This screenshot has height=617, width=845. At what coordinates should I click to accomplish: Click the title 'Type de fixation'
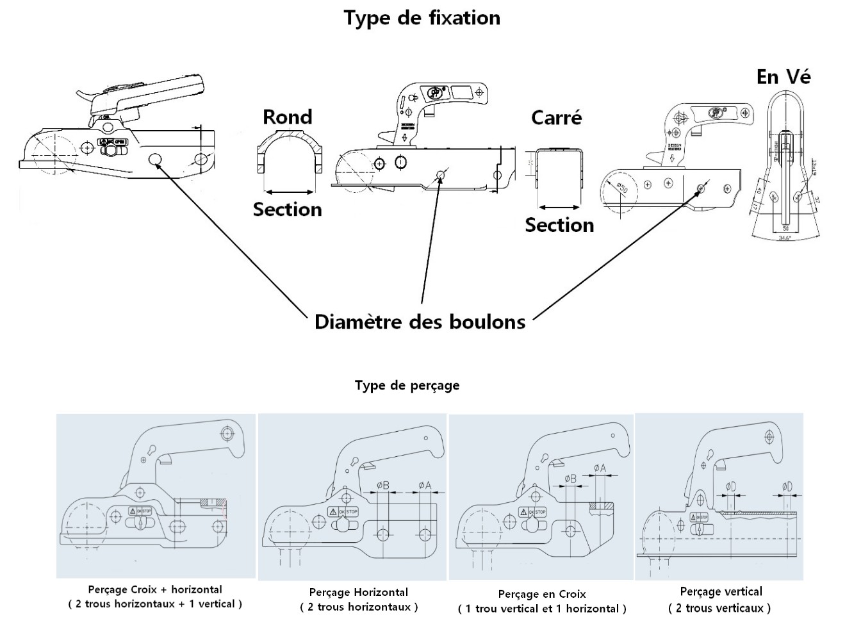(422, 18)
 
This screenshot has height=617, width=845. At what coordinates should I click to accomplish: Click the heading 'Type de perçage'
(407, 386)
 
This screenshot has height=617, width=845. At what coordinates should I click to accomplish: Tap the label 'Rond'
(288, 117)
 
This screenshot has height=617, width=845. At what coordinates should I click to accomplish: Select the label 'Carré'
(556, 118)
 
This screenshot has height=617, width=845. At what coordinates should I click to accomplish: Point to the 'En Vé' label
(783, 78)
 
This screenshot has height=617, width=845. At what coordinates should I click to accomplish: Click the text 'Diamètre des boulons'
(420, 322)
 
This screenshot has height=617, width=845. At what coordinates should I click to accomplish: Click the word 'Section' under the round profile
(287, 210)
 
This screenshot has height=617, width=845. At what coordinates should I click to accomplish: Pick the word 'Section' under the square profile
(559, 225)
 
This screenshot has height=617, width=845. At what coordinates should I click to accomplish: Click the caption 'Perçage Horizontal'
(358, 592)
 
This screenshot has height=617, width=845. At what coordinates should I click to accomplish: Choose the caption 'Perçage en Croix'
(542, 594)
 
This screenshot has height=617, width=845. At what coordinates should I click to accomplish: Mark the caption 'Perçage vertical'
(721, 591)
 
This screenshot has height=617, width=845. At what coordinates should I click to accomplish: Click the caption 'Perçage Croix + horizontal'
(155, 589)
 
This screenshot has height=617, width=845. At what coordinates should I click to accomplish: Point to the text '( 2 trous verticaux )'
(719, 608)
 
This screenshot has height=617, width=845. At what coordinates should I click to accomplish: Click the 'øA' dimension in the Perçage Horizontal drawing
(425, 486)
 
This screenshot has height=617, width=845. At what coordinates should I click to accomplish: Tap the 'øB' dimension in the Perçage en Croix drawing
(570, 479)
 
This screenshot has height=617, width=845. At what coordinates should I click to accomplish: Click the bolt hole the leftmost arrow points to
(155, 160)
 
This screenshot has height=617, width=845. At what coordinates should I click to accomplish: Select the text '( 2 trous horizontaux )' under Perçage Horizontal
(359, 607)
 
